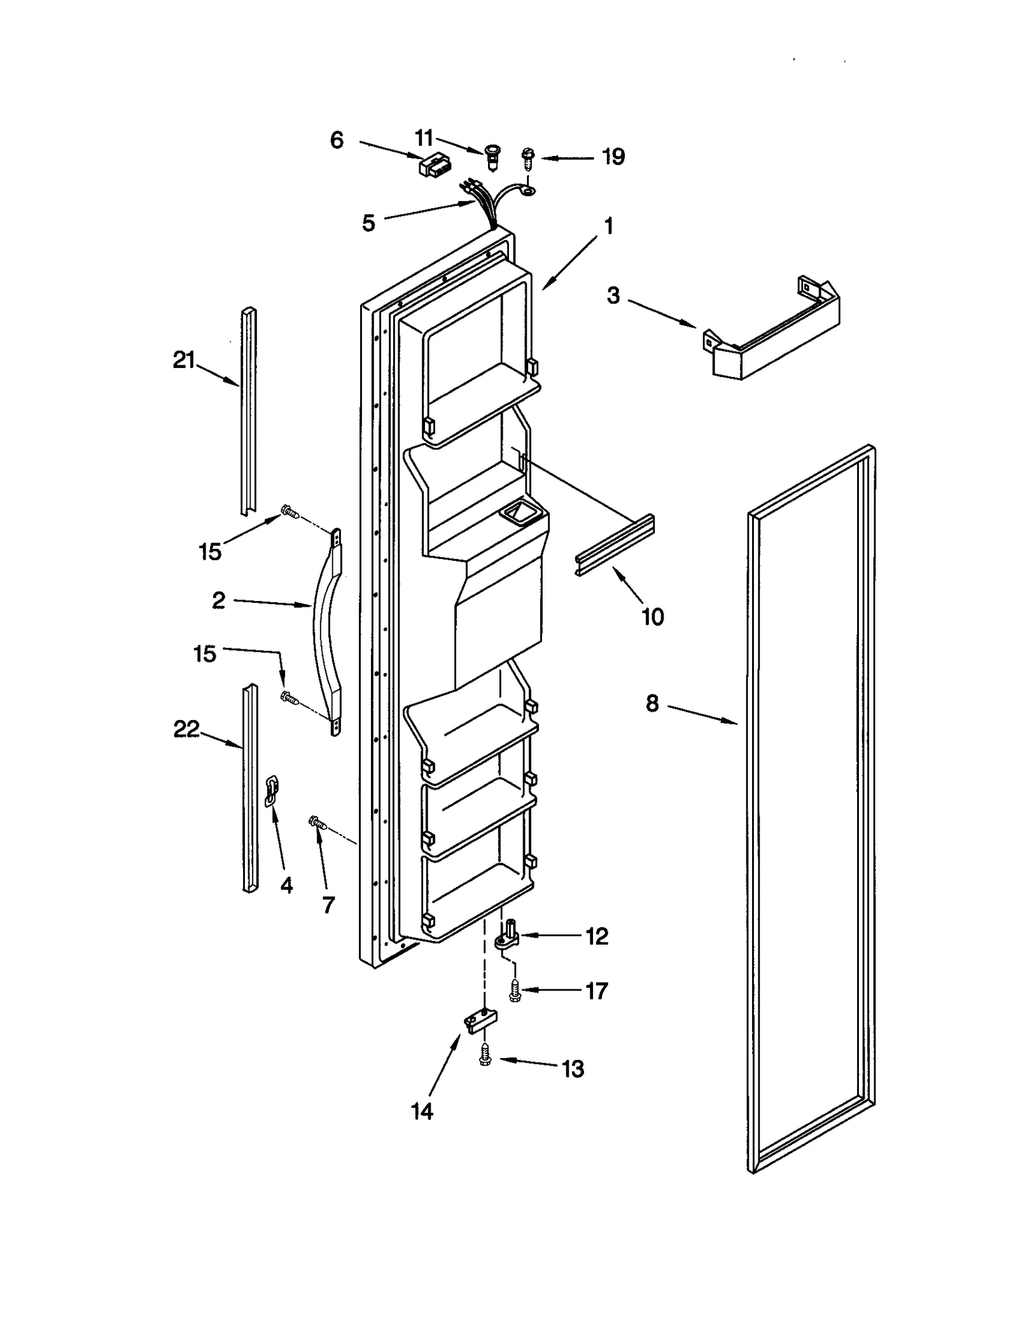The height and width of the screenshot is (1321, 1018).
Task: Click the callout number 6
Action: [x=337, y=140]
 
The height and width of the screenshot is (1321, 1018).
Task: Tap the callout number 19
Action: [x=613, y=157]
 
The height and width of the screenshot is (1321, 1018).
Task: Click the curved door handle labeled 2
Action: [x=327, y=630]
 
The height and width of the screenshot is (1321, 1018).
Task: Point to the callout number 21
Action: [x=184, y=360]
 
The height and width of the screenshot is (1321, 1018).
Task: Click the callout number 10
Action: [x=653, y=616]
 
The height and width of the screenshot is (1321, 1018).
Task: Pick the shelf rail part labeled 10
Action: [x=615, y=545]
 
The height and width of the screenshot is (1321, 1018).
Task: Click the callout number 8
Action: [x=652, y=703]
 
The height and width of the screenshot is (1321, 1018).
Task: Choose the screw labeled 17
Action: [x=515, y=991]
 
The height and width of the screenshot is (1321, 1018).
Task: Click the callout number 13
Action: [x=573, y=1069]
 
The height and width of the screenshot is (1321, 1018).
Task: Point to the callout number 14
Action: [x=422, y=1111]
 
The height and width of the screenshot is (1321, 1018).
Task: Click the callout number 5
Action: [x=368, y=223]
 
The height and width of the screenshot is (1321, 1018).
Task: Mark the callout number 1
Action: [x=608, y=226]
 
